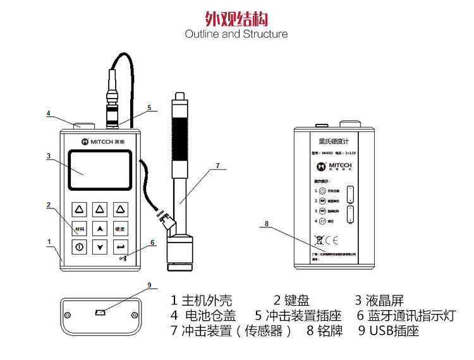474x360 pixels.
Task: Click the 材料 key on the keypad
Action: coord(79,229)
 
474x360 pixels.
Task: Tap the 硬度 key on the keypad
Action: coord(119,229)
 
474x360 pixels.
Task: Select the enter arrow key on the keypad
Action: coord(119,247)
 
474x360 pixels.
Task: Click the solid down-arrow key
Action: coord(99,247)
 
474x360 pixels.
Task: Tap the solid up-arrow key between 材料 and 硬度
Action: coord(99,229)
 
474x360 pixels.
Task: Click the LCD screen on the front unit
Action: coord(100,171)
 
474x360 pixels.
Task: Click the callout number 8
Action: coord(267,224)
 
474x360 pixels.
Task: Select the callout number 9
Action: coord(149,285)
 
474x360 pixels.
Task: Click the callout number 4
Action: coord(48,114)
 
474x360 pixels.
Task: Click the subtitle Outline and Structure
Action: coord(236,34)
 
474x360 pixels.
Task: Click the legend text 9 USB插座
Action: coord(388,330)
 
